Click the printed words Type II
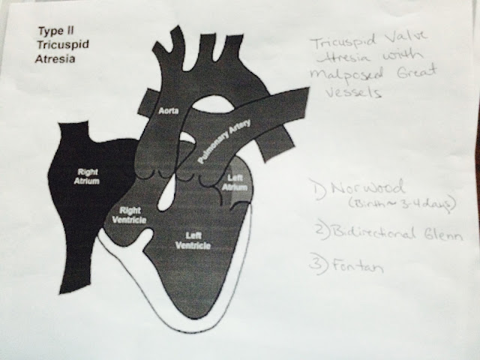[52, 32]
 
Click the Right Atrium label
[88, 175]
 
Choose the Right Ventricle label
[132, 215]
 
